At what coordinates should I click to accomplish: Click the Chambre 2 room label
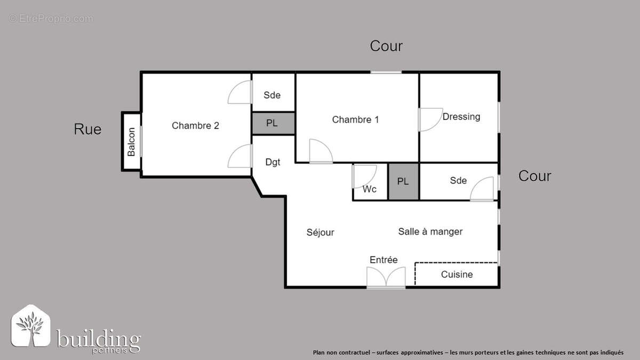195,126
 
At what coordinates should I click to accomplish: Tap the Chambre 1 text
355,119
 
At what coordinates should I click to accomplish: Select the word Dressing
461,116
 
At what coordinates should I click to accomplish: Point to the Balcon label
131,142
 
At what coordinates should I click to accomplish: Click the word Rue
87,129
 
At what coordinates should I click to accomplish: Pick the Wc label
370,189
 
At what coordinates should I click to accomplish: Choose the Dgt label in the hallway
273,162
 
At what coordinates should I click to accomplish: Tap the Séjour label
320,232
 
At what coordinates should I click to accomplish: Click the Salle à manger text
430,231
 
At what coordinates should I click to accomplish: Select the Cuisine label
457,274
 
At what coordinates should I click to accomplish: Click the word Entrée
383,260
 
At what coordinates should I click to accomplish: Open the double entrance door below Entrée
386,278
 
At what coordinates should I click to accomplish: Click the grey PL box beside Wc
403,181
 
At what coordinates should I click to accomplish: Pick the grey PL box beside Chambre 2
272,123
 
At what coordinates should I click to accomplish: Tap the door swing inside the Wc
364,176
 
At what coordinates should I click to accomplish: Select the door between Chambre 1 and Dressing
428,119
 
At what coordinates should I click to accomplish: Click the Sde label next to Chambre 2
272,95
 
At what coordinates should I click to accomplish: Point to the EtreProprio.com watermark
51,19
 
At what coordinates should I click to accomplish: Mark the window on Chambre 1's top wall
386,73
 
